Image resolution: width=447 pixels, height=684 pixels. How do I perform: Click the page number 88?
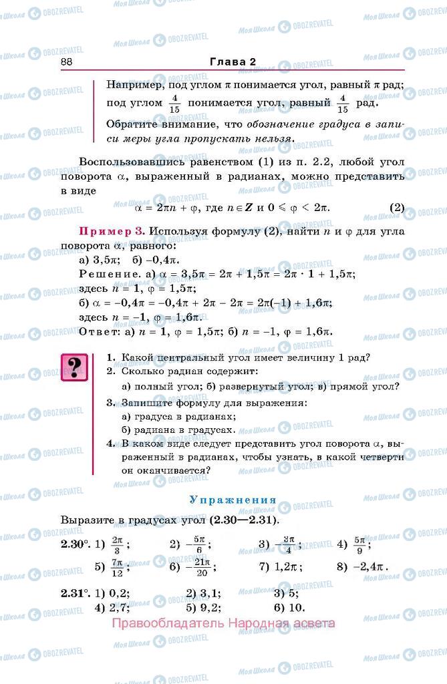(66, 61)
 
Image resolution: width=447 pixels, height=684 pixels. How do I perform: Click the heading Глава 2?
(233, 61)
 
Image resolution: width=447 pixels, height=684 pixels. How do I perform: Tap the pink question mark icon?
(75, 368)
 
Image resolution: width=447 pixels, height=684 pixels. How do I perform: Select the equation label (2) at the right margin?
(397, 207)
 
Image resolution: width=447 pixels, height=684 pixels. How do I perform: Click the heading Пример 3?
(112, 231)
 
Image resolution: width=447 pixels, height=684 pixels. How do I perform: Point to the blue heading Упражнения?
(233, 500)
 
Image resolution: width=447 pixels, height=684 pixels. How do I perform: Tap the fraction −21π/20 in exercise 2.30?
(202, 568)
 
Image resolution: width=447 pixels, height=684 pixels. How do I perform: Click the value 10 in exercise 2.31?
(295, 607)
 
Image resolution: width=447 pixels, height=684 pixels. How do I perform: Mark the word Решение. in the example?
(106, 275)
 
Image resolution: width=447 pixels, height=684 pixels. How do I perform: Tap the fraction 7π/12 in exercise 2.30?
(118, 568)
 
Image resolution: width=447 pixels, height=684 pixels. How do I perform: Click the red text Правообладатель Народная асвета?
(224, 624)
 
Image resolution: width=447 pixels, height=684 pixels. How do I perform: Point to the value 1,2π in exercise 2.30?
(288, 568)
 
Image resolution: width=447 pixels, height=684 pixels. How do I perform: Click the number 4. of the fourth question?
(112, 443)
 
